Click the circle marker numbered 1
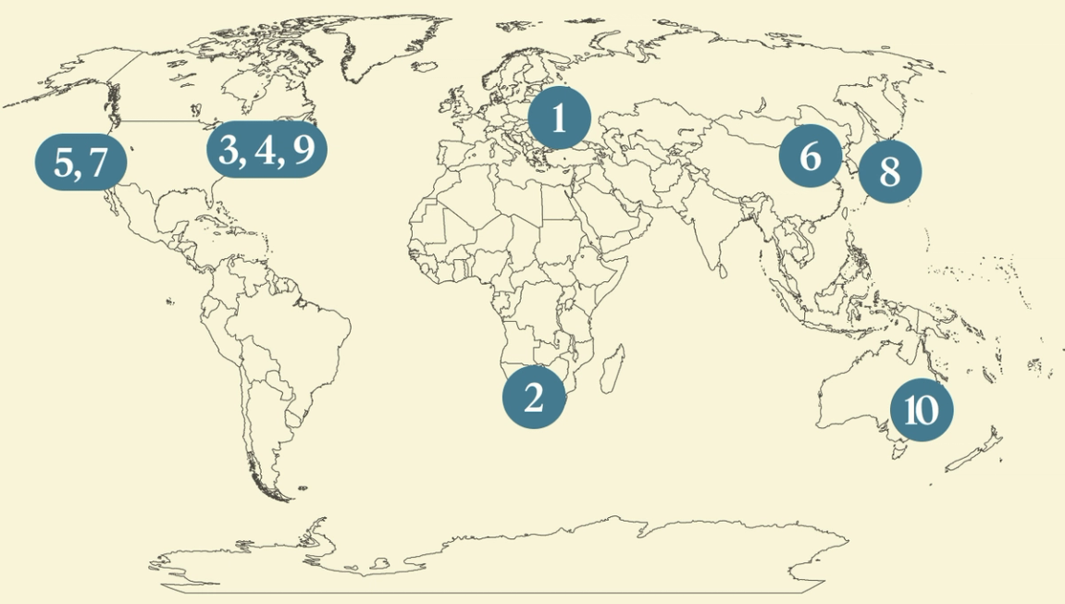(559, 119)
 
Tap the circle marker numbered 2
(534, 398)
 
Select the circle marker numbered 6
(811, 156)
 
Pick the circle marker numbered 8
(890, 171)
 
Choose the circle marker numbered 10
(921, 409)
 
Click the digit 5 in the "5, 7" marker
(64, 163)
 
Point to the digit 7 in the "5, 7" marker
(99, 163)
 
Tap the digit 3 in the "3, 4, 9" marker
(229, 150)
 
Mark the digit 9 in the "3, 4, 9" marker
(303, 150)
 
